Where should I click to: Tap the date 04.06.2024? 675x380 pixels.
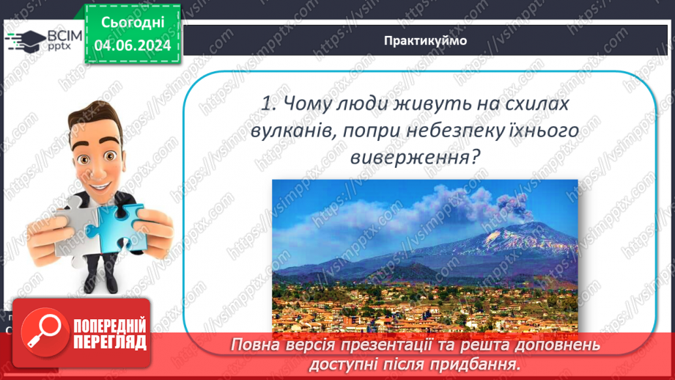(132, 45)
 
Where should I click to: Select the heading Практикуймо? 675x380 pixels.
(425, 40)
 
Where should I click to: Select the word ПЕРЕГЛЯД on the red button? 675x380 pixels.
(110, 341)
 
